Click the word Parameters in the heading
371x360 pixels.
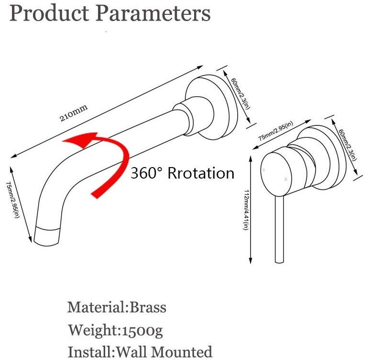tap(153, 13)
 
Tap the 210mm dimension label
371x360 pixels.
tap(73, 113)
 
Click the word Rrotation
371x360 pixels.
tap(201, 173)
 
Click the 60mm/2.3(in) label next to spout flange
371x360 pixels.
tap(240, 93)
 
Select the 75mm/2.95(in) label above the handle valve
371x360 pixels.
tap(275, 131)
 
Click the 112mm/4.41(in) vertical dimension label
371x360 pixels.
tap(246, 210)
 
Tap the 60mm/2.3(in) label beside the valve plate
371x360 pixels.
tap(348, 145)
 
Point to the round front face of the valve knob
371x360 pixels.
tap(276, 174)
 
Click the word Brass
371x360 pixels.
tap(148, 307)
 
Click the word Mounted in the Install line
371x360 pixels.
tap(182, 352)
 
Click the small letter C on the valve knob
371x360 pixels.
tap(286, 180)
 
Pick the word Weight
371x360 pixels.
tap(93, 330)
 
